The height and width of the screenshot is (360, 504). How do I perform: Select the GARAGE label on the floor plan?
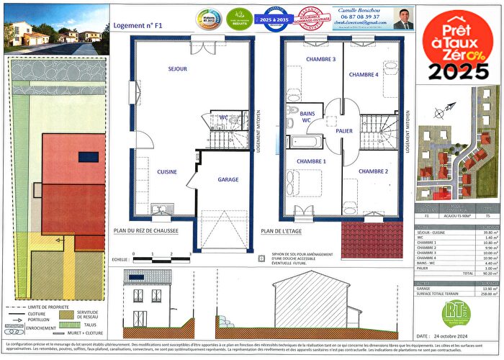tap(228, 179)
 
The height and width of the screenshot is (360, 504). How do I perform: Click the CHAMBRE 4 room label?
tap(364, 74)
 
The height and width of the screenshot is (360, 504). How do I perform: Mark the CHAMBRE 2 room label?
tap(374, 171)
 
